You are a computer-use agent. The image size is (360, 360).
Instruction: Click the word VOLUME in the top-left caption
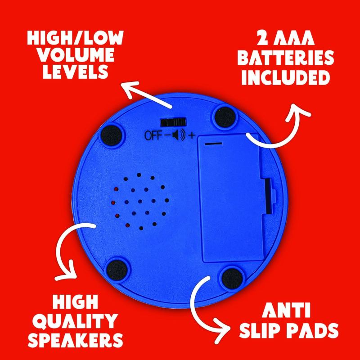click(76, 55)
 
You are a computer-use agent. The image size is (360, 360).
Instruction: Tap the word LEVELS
click(76, 72)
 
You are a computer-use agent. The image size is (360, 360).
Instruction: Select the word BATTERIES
click(286, 58)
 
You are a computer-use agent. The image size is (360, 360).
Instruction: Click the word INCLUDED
click(286, 77)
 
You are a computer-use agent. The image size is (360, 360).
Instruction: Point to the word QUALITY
click(75, 321)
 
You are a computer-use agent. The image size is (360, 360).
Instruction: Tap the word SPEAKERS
click(76, 340)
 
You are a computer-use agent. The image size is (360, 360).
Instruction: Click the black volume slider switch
click(173, 122)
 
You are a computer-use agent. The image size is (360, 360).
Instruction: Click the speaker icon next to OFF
click(178, 135)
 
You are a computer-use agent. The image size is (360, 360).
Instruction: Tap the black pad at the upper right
click(225, 117)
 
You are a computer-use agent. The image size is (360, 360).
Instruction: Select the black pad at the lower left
click(117, 270)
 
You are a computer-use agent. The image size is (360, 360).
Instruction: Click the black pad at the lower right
click(232, 279)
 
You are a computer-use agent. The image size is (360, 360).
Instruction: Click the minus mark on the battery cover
click(214, 144)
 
